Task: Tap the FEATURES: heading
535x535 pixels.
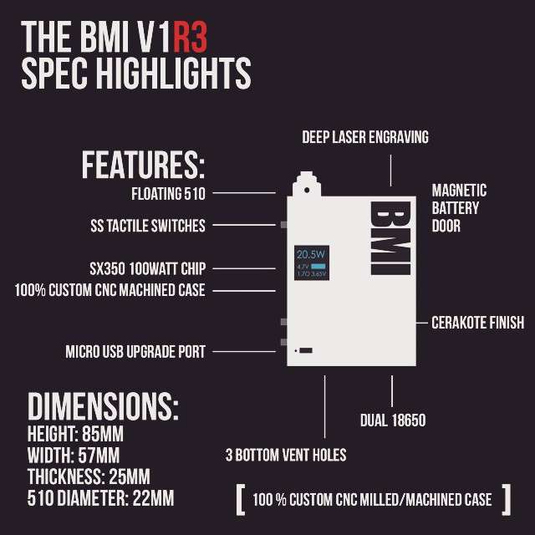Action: (x=142, y=165)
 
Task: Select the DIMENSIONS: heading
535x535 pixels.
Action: (x=103, y=405)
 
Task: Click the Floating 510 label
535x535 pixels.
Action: (x=168, y=193)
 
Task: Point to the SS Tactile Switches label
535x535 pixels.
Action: (x=147, y=225)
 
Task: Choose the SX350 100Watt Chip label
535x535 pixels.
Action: (x=147, y=268)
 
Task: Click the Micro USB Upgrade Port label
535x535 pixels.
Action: (x=135, y=351)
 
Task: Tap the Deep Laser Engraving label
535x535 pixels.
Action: (x=365, y=137)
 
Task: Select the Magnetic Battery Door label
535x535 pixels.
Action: (x=459, y=208)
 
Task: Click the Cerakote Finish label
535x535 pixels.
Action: (x=477, y=323)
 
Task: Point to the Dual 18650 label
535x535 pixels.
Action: (x=393, y=420)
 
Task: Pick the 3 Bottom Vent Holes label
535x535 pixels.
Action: (x=286, y=455)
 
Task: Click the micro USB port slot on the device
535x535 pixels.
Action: (x=305, y=349)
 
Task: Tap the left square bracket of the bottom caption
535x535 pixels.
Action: (x=240, y=499)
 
